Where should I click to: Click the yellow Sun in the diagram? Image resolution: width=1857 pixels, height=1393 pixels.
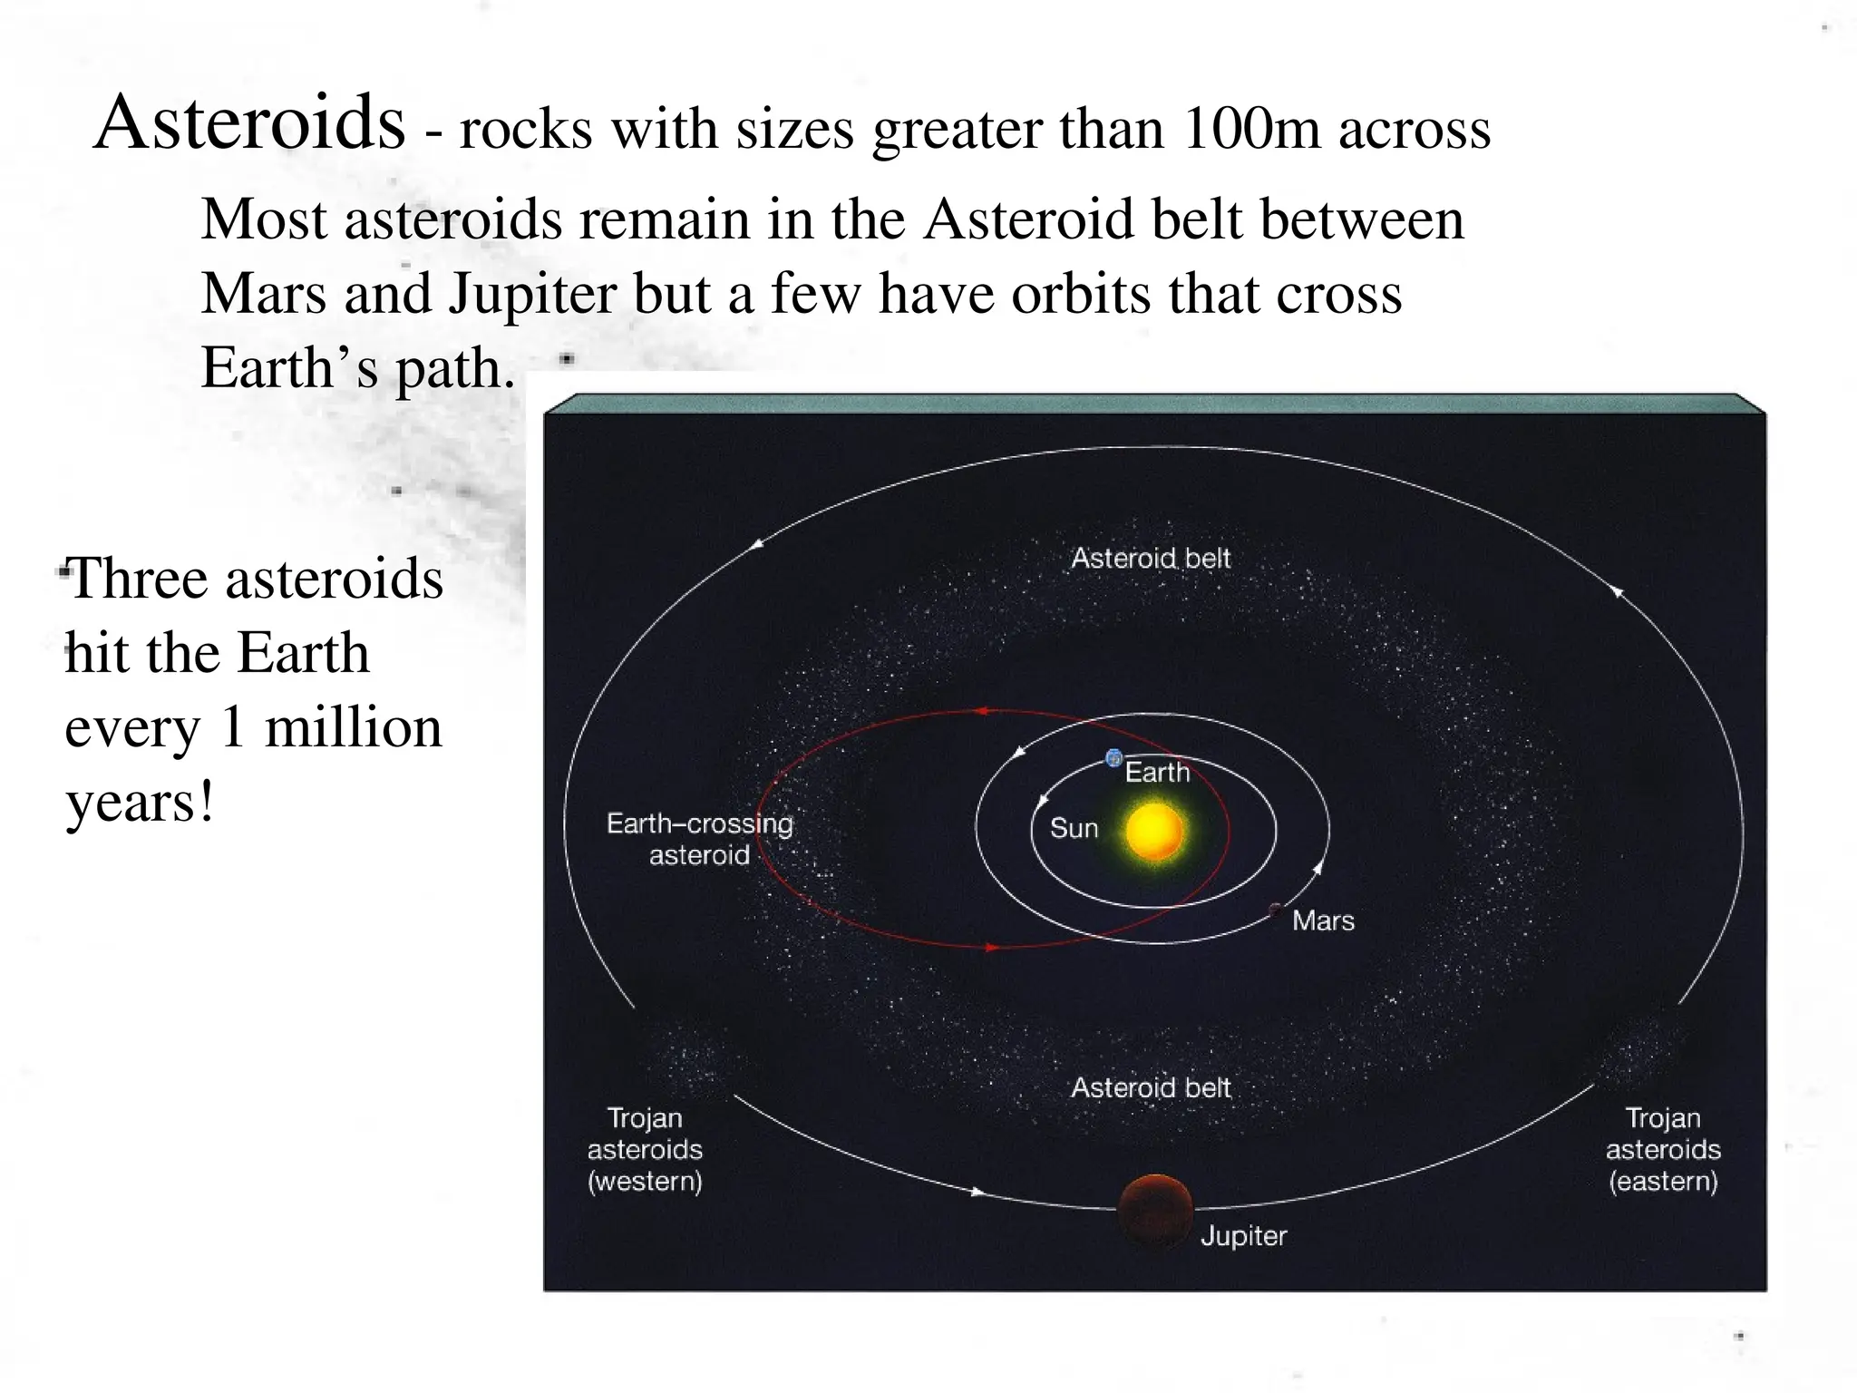1153,830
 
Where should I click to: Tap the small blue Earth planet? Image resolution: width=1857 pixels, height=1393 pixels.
1113,758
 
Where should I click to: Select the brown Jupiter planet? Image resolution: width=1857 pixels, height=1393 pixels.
1154,1209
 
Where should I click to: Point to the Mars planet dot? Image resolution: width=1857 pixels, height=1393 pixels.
1276,909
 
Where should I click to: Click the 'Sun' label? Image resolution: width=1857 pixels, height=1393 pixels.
1074,828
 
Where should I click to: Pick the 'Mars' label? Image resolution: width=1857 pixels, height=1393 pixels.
1323,921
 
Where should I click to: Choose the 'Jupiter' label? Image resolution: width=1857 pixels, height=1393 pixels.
1243,1235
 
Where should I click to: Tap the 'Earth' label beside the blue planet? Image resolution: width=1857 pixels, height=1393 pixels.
1157,773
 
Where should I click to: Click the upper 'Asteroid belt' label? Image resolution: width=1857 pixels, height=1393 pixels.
1151,558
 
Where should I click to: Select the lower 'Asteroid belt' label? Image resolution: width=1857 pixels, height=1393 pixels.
1151,1087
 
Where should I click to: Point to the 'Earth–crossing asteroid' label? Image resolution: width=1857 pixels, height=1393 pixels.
699,839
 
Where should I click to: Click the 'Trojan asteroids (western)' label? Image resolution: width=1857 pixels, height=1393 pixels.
645,1149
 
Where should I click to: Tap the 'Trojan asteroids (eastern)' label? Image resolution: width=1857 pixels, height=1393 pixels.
1663,1149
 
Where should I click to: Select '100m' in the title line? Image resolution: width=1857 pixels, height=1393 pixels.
1251,128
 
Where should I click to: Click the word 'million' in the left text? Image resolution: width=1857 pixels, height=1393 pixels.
353,727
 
